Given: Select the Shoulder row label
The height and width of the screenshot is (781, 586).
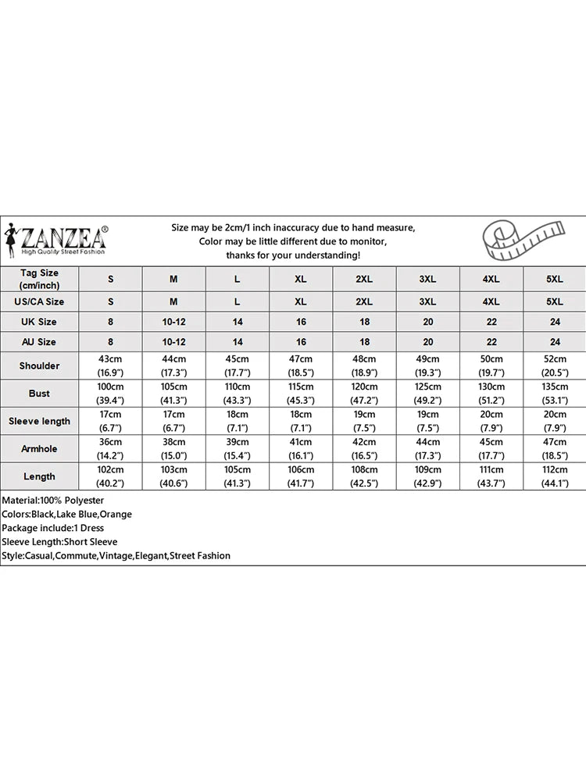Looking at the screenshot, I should (x=39, y=366).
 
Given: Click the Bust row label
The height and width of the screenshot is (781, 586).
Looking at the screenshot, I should (x=39, y=394).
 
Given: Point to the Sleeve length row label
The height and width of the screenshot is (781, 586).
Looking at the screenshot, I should (x=39, y=421).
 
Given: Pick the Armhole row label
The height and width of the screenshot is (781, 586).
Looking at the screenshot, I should (x=39, y=449).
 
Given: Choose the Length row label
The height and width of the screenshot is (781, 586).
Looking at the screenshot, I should (x=39, y=476).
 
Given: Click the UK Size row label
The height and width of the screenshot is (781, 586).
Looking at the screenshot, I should (x=39, y=322).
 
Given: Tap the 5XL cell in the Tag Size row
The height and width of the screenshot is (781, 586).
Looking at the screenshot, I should (x=555, y=279).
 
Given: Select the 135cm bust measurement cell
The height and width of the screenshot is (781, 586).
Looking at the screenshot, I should (x=555, y=394).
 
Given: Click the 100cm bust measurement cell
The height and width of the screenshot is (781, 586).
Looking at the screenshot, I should (x=111, y=394).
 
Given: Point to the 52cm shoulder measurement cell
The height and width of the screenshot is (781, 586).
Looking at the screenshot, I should (x=555, y=366).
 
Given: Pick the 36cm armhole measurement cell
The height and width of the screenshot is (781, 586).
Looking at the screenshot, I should (x=111, y=449).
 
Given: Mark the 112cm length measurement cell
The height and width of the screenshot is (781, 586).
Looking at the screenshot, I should (x=555, y=476).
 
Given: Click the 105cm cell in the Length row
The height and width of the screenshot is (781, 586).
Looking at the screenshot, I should (x=238, y=476).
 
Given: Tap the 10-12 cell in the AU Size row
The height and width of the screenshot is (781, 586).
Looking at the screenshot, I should (x=173, y=342).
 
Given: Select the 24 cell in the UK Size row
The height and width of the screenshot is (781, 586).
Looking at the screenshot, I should (x=555, y=322).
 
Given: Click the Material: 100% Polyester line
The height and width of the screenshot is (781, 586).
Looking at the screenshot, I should (x=52, y=500).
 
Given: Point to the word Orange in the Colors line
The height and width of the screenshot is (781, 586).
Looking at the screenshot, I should (x=116, y=514).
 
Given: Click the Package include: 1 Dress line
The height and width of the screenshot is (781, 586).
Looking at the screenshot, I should (x=53, y=528).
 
